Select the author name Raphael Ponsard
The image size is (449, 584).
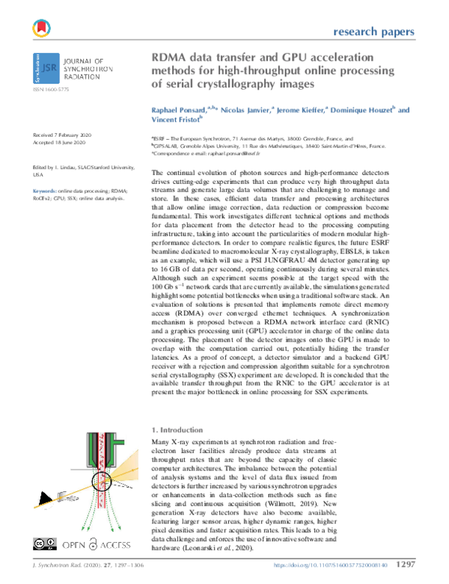click(x=181, y=110)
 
